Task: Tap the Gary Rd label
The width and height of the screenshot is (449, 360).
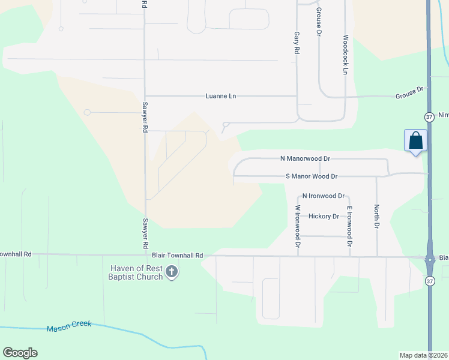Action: pyautogui.click(x=296, y=44)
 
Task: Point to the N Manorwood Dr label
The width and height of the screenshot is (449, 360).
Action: pyautogui.click(x=306, y=158)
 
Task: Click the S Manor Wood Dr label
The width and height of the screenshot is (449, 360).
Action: pyautogui.click(x=312, y=176)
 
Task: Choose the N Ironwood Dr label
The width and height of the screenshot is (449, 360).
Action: pyautogui.click(x=323, y=196)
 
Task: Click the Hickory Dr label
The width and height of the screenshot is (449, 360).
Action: pyautogui.click(x=324, y=216)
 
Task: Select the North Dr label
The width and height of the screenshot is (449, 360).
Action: pyautogui.click(x=376, y=217)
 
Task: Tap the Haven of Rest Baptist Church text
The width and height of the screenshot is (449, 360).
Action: pyautogui.click(x=136, y=272)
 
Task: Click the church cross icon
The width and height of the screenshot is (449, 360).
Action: pyautogui.click(x=172, y=272)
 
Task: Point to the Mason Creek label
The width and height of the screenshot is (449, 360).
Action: pyautogui.click(x=69, y=325)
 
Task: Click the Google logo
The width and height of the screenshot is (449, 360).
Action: pyautogui.click(x=20, y=353)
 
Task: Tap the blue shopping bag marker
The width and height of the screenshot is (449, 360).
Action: pyautogui.click(x=415, y=141)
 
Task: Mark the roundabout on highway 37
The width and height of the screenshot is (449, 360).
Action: pyautogui.click(x=430, y=260)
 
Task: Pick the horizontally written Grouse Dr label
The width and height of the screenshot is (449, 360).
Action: pyautogui.click(x=409, y=92)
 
